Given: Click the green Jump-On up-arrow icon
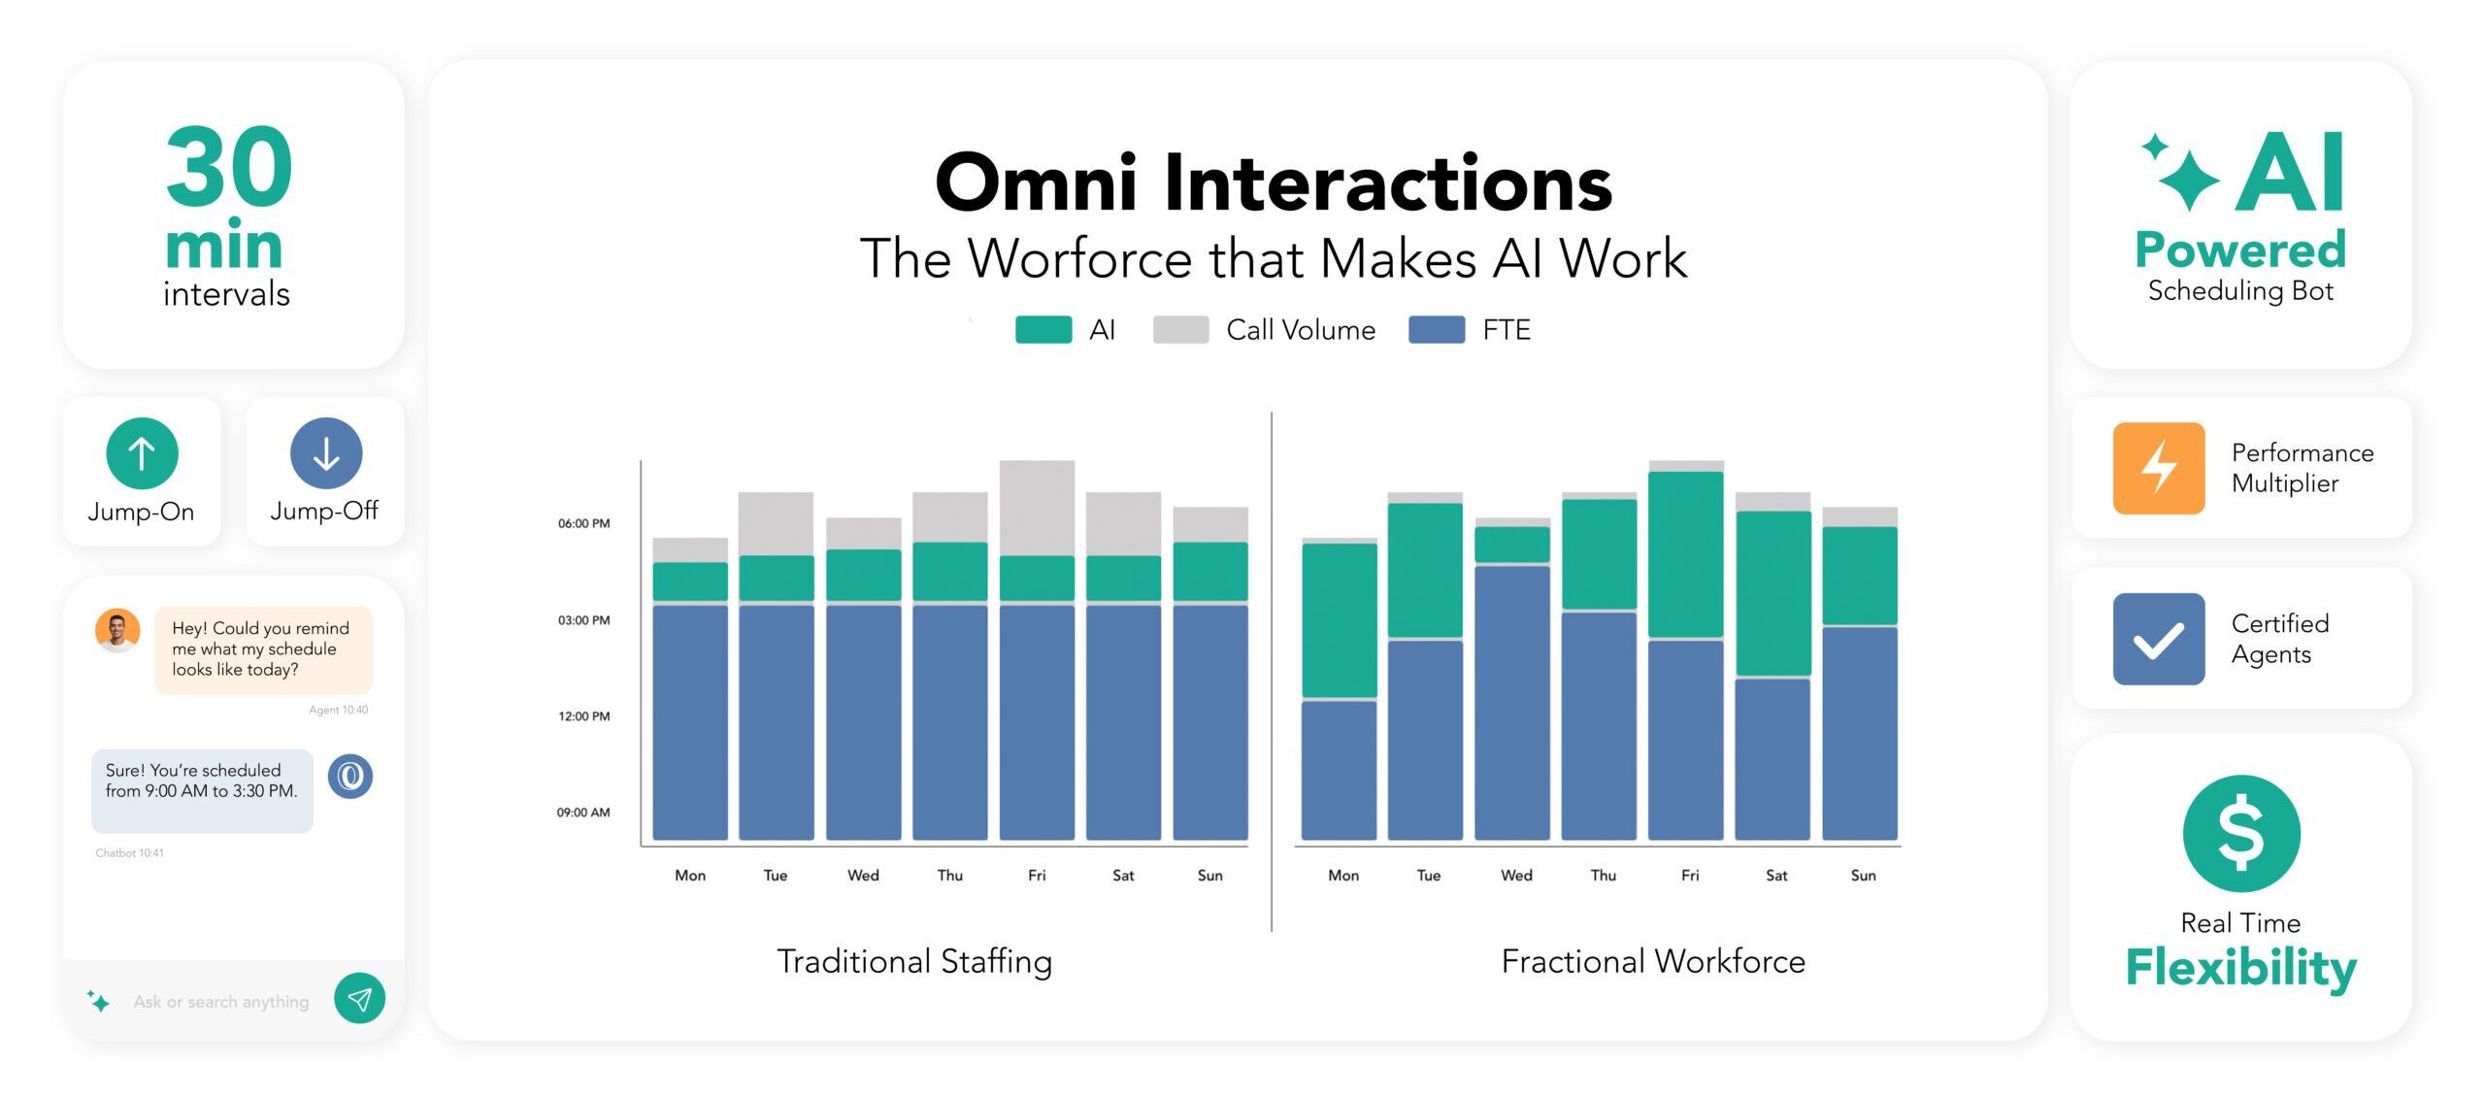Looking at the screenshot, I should [x=142, y=453].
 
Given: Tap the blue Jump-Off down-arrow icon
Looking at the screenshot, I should [x=326, y=453].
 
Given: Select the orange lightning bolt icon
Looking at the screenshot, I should [x=2158, y=468].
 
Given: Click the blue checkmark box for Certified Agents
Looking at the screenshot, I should [x=2158, y=639].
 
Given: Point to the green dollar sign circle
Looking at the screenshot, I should [x=2240, y=833].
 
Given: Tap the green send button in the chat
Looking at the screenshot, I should [x=359, y=998].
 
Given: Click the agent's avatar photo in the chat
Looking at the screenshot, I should [x=117, y=631].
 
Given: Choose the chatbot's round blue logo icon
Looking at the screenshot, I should [x=350, y=777].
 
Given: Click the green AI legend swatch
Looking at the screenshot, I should [x=1044, y=330].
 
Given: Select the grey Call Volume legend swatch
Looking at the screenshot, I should [x=1180, y=330].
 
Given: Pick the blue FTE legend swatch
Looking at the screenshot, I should [x=1437, y=330].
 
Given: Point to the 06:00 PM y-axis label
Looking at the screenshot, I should [x=583, y=523].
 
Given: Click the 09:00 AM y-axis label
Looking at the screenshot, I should [x=583, y=813].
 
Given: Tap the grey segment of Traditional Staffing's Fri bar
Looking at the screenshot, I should [x=1037, y=507].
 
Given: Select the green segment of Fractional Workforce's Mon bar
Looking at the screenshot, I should [x=1339, y=619].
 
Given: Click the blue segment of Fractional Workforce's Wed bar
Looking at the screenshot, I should [x=1511, y=702].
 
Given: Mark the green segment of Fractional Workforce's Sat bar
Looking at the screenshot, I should [x=1773, y=592].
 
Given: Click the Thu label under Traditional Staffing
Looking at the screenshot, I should [x=949, y=876].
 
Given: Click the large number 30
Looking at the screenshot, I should [x=229, y=168].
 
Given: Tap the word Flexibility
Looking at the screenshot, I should [x=2240, y=968].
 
